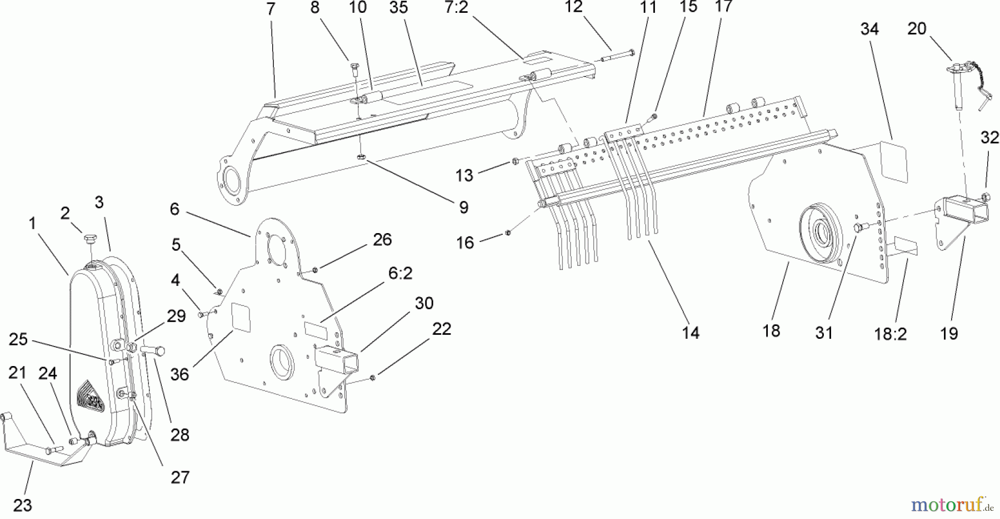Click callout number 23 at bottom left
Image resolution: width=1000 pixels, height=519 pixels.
23,505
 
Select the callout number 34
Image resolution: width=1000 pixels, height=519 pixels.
869,28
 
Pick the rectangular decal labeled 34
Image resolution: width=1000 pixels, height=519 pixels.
894,162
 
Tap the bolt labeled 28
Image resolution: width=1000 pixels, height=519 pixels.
153,350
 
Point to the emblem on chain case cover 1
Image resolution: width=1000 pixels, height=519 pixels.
89,396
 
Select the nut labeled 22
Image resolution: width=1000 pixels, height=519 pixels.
373,378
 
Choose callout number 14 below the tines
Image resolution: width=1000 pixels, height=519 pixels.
690,333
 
